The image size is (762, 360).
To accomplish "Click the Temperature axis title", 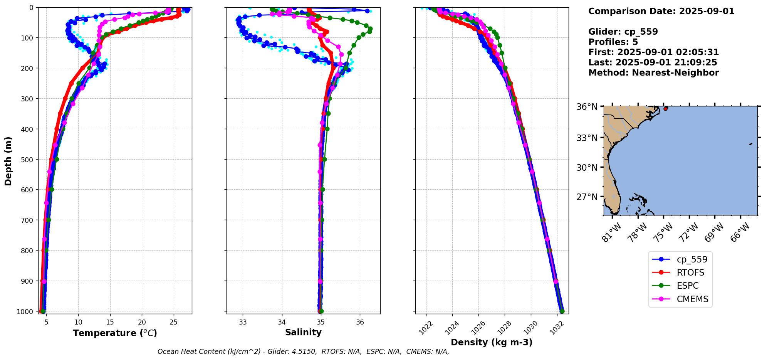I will (115, 333).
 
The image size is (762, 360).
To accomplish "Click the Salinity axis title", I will (303, 332).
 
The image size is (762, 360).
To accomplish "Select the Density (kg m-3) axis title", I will (492, 342).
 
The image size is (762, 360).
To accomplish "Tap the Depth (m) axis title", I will (8, 161).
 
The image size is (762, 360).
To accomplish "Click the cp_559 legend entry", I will (692, 259).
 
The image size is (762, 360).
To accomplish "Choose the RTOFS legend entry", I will (690, 273).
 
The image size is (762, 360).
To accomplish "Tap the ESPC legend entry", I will (688, 286).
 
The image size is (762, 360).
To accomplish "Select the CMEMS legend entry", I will (692, 299).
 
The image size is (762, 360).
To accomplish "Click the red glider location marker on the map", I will (666, 109).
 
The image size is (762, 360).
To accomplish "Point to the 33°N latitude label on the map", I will (587, 138).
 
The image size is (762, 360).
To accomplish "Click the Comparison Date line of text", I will (661, 11).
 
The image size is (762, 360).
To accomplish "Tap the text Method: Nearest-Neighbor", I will (653, 73).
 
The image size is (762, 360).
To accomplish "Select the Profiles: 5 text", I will (613, 42).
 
